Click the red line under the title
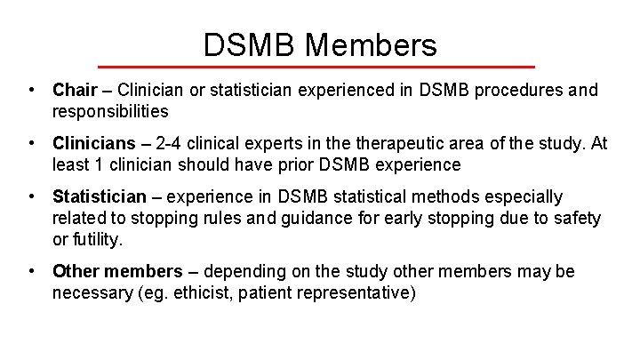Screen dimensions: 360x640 click(316, 67)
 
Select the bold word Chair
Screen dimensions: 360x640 click(76, 90)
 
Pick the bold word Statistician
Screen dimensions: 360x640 click(100, 196)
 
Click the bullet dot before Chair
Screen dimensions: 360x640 click(32, 90)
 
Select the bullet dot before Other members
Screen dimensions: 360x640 click(32, 271)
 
